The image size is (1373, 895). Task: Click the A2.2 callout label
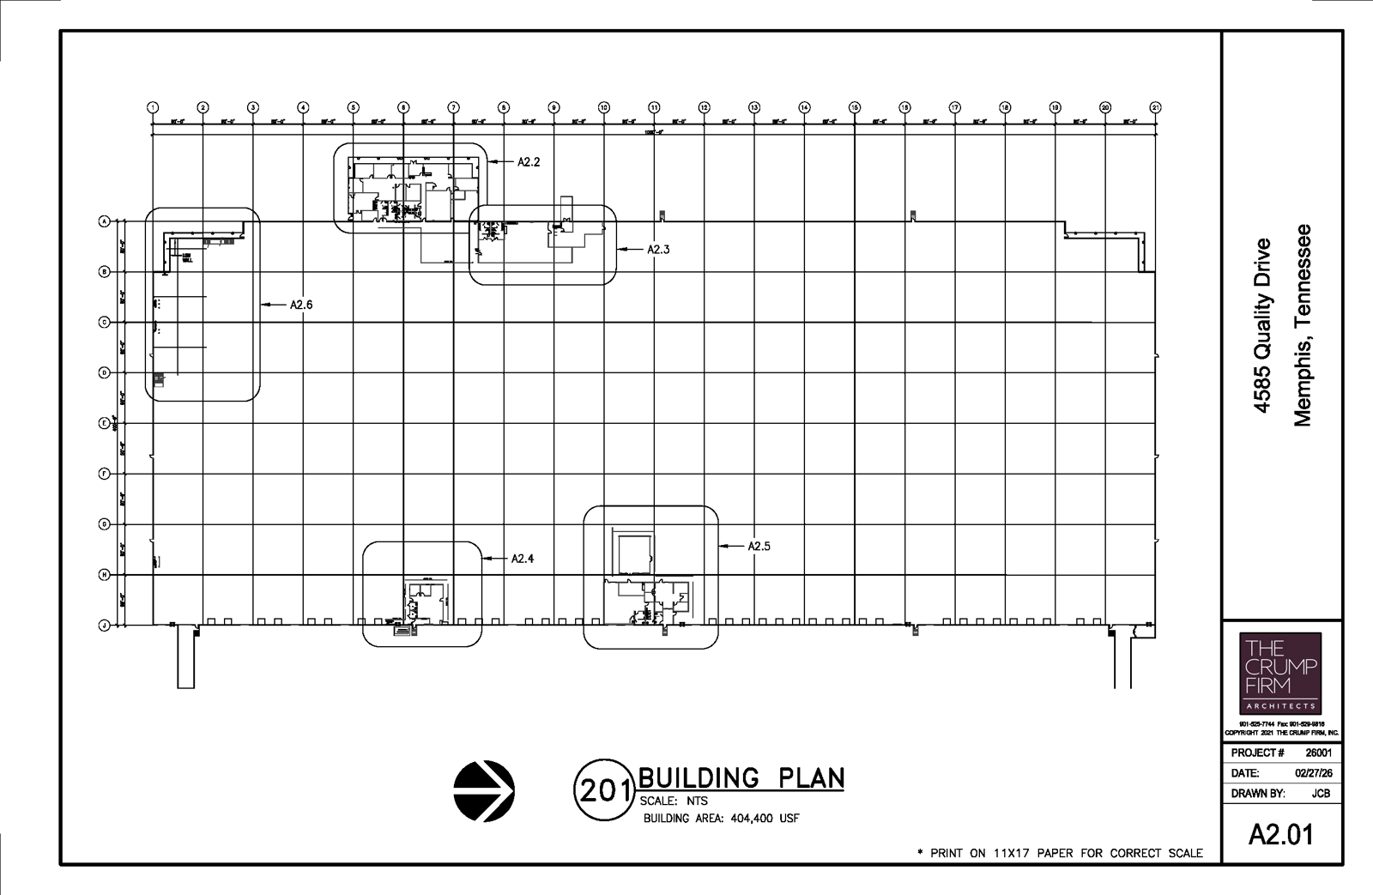529,161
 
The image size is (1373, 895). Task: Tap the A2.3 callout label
658,250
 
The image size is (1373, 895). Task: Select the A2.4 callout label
523,559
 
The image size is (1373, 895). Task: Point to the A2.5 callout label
759,546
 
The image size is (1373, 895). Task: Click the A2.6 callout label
301,305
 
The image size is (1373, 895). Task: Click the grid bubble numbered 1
153,107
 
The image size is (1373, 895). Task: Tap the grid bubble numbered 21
1155,107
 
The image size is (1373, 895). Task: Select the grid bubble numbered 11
654,107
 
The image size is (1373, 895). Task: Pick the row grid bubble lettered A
105,221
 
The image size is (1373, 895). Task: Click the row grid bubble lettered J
105,626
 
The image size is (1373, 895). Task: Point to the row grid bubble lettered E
105,423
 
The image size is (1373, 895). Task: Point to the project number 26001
1318,753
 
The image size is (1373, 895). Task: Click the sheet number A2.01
1281,834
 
